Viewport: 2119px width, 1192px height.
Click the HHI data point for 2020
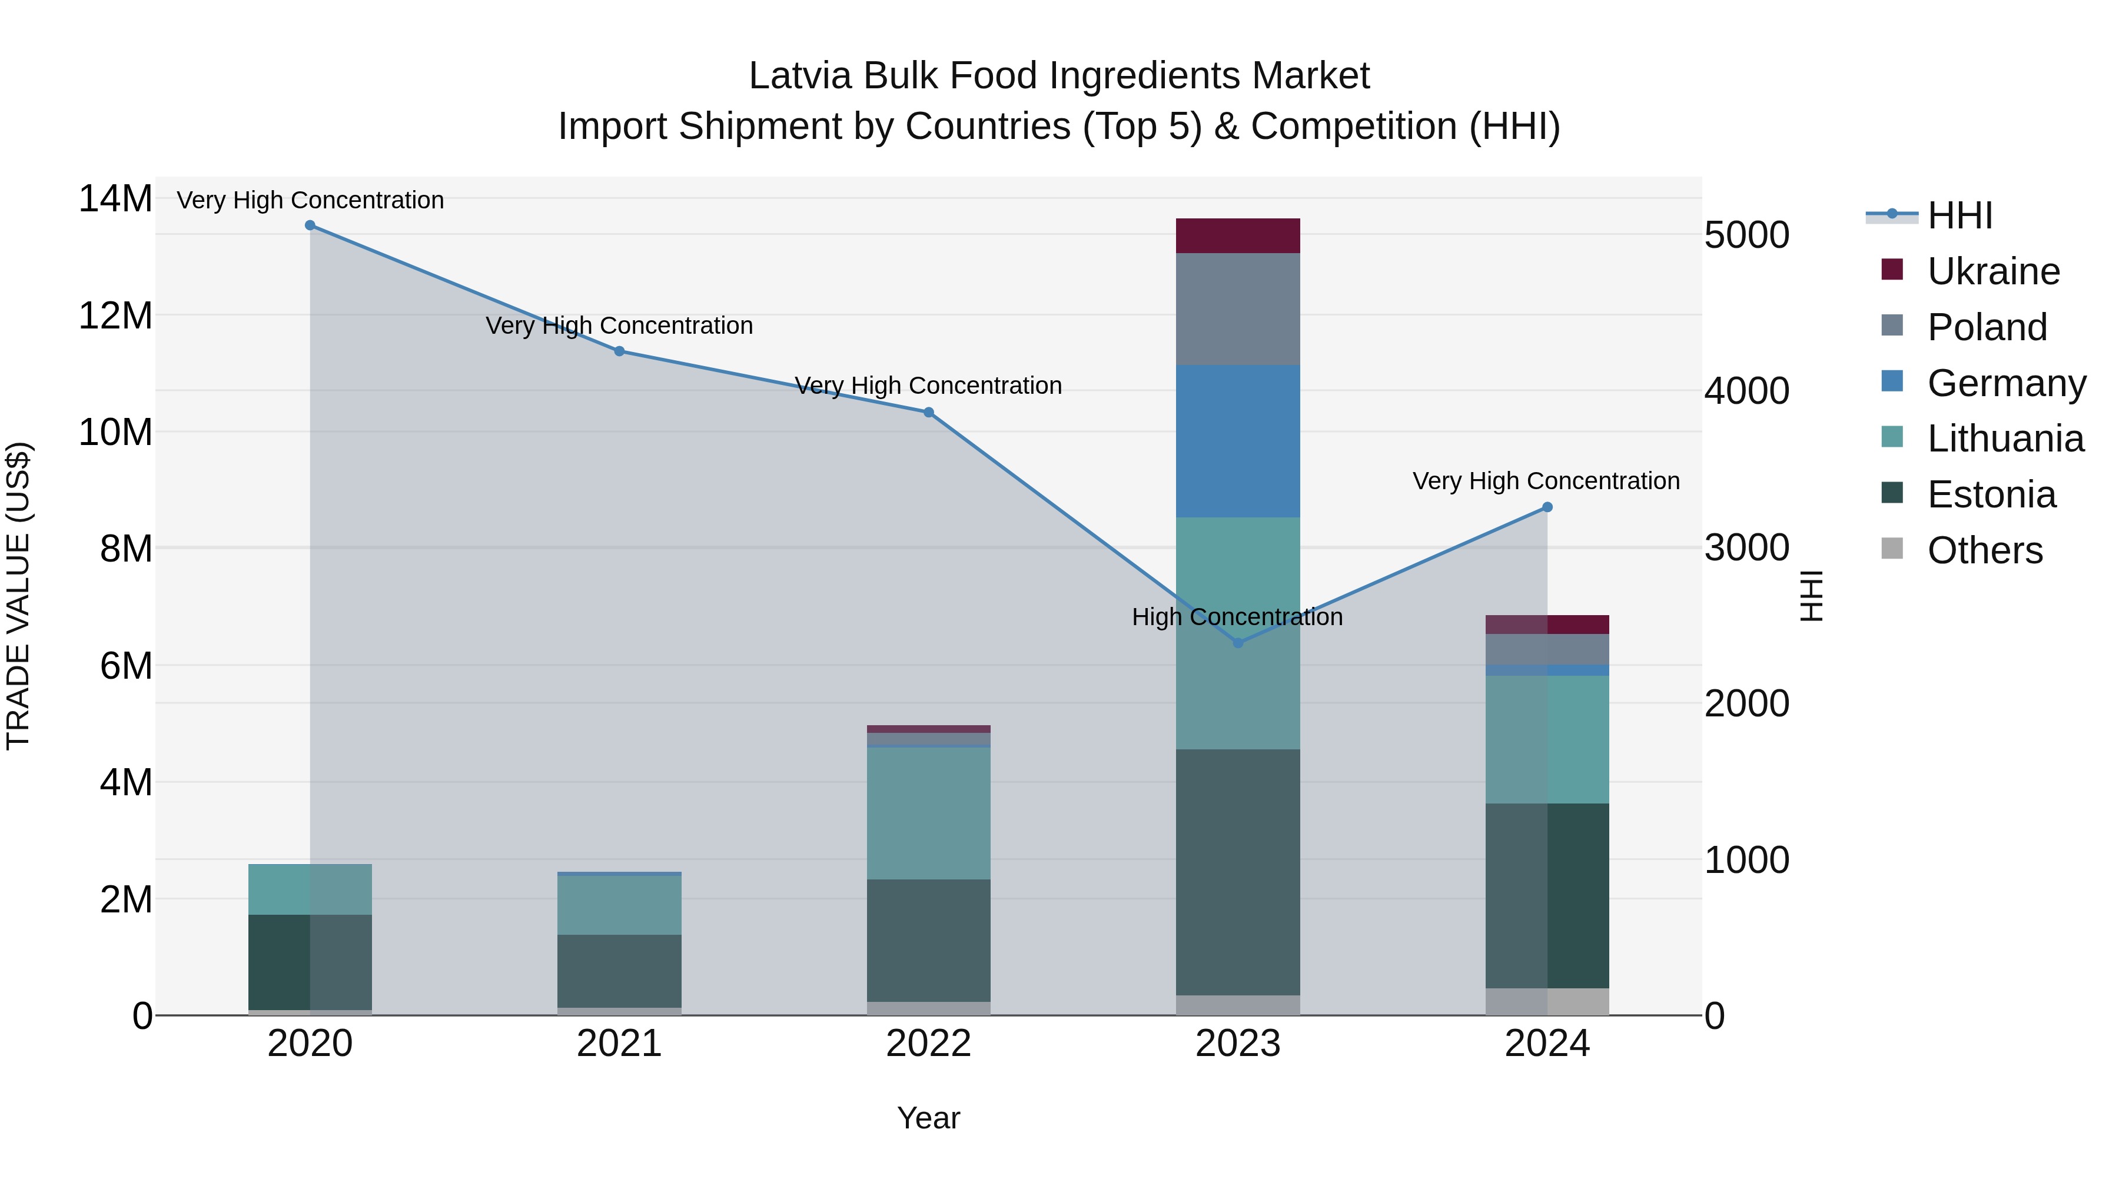coord(310,225)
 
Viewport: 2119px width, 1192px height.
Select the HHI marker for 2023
coord(1238,642)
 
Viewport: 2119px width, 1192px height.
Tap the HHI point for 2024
coord(1547,507)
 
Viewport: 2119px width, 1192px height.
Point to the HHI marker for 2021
coord(619,351)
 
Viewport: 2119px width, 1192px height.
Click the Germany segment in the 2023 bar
coord(1238,441)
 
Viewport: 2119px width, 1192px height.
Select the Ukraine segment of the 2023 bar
coord(1238,236)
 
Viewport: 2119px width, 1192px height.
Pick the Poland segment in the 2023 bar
coord(1238,309)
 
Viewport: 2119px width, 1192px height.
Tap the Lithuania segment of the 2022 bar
coord(929,814)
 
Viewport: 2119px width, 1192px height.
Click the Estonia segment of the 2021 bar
coord(619,971)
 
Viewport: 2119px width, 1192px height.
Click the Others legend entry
coord(1984,550)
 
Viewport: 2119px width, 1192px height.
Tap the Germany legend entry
coord(2005,383)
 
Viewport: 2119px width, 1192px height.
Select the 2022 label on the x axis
coord(929,1044)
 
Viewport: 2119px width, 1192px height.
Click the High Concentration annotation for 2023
coord(1237,617)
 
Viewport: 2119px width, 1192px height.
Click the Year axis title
coord(929,1118)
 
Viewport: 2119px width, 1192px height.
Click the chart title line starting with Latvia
coord(1059,76)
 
